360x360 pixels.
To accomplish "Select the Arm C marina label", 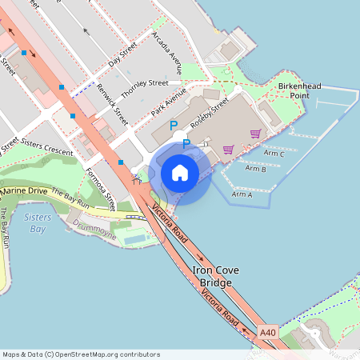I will (273, 154).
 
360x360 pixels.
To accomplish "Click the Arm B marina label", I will (255, 169).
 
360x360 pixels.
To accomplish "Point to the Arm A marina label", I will (242, 194).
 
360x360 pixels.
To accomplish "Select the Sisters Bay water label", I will (38, 222).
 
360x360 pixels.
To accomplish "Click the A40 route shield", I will (268, 332).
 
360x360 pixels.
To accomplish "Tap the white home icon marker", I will (180, 173).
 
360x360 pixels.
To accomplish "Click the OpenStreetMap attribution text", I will (81, 354).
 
